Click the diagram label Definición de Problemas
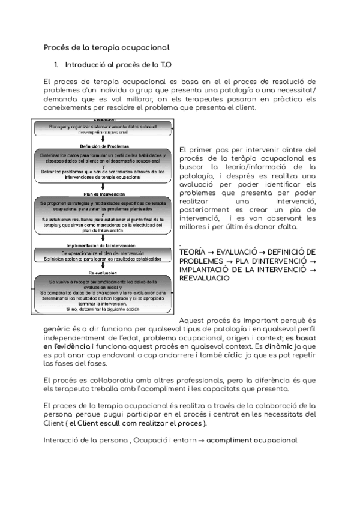point(104,146)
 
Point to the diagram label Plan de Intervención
point(104,194)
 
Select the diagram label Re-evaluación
point(104,273)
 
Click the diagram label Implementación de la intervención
point(104,245)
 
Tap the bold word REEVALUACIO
point(204,279)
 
